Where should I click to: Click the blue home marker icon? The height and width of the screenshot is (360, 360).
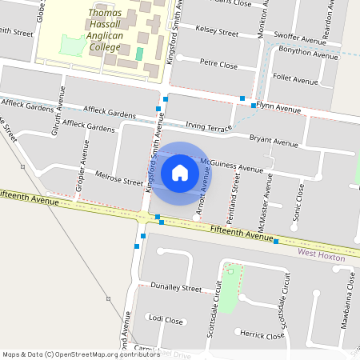pos(180,173)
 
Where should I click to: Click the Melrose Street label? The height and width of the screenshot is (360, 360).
pos(118,177)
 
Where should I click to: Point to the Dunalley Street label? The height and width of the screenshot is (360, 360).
pos(176,287)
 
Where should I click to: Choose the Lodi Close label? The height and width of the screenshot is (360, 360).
pos(166,320)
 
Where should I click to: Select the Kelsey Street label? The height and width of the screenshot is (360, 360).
pos(217,33)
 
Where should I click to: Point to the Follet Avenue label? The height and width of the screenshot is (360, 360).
pos(295,81)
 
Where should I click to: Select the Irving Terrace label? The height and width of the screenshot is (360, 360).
pos(208,126)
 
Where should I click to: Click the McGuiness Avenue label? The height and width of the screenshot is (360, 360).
pos(231,166)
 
